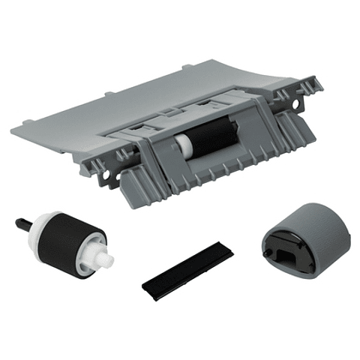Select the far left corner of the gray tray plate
click(13, 133)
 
